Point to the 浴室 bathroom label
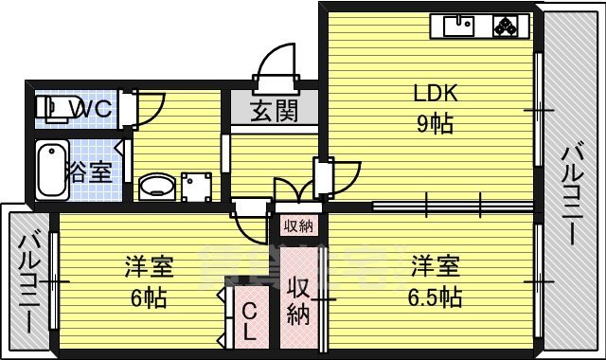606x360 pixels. coord(89,171)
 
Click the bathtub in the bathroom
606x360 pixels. coord(50,171)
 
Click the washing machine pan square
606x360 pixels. coord(198,186)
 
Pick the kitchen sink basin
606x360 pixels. coord(455,27)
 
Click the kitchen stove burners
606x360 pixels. coord(508,27)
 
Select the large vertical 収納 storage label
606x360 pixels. coord(299,301)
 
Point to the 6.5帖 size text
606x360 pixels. coord(436,297)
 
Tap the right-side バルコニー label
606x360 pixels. coord(573,194)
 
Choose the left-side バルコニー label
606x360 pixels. coord(28,280)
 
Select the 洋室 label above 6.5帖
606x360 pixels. coord(436,266)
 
